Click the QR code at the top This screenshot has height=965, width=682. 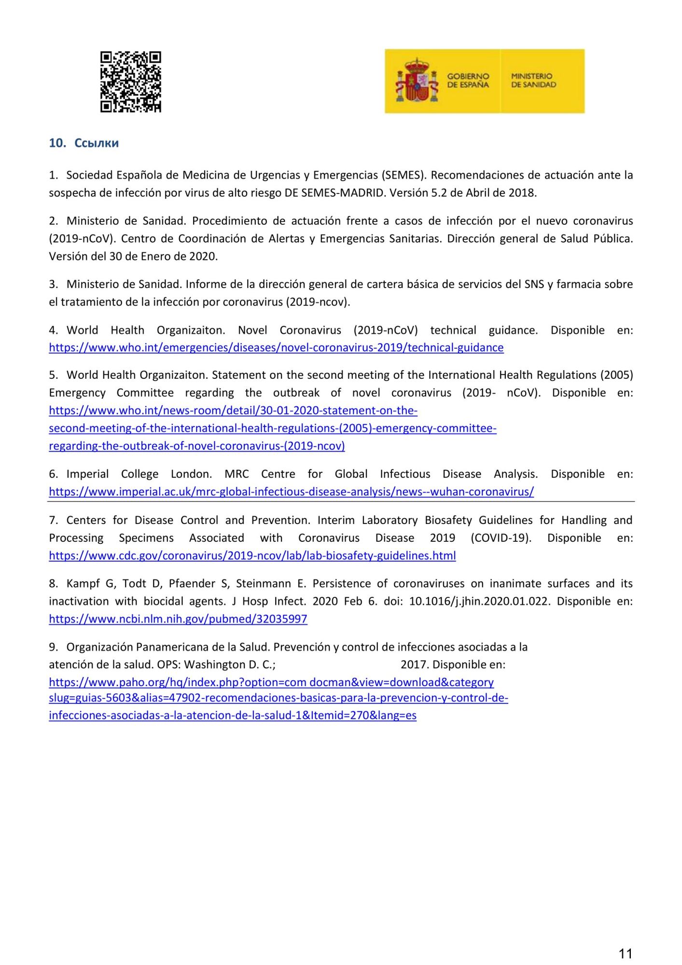coord(130,82)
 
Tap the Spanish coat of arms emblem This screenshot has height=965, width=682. coord(417,81)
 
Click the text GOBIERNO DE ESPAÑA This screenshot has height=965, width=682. coord(468,81)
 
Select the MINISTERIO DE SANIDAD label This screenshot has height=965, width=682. coord(533,81)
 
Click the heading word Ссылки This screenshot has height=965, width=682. coord(97,143)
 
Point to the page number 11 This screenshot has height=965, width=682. coord(625,953)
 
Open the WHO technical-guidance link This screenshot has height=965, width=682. coord(276,348)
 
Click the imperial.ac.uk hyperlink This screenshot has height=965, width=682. coord(291,492)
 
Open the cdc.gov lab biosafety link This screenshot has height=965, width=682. coord(252,556)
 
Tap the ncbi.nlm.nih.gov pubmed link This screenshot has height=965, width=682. coord(178,619)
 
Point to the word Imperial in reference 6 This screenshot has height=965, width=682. coord(87,474)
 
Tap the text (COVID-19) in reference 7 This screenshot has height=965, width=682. coord(501,538)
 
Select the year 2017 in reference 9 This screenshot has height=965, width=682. coord(414,665)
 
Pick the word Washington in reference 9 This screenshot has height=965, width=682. coord(215,665)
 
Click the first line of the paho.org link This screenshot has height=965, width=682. coord(271,682)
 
